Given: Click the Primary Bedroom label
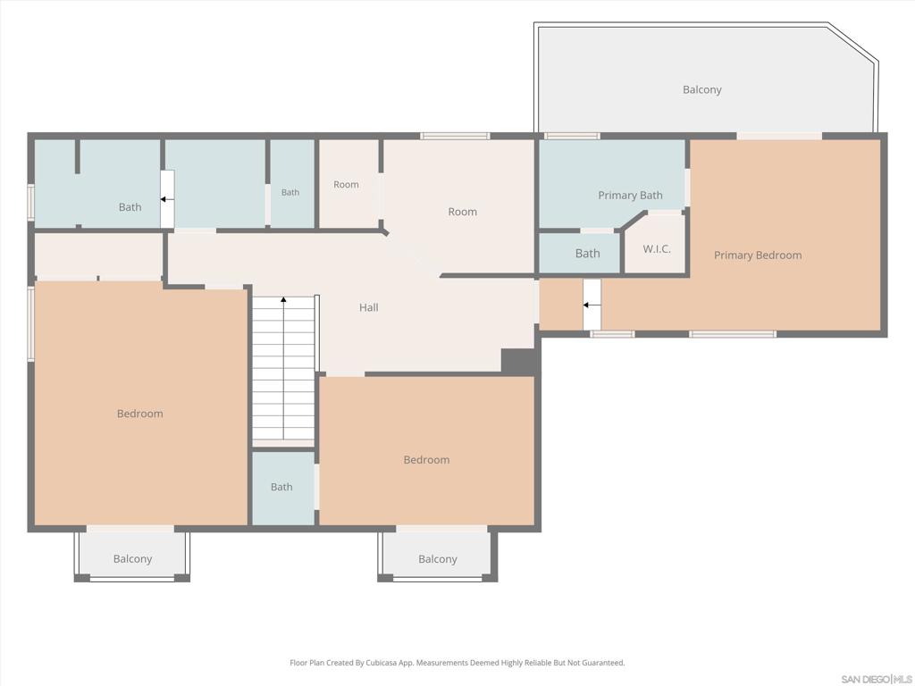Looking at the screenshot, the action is (x=758, y=255).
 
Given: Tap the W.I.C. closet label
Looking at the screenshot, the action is (x=657, y=249).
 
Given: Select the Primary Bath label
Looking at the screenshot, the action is (x=630, y=196).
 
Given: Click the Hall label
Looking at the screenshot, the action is (x=369, y=307).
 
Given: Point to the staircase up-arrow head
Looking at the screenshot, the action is (x=283, y=299).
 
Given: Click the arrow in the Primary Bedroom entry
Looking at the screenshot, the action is (x=592, y=305).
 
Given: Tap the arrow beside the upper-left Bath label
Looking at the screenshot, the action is (x=167, y=199).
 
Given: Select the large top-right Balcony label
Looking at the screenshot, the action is (x=702, y=90).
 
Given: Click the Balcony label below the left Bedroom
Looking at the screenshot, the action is (x=132, y=559).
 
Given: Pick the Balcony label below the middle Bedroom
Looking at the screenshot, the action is (x=438, y=559).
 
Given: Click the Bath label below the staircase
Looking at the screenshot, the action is (x=281, y=487).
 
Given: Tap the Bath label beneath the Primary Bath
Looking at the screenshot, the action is (x=587, y=254).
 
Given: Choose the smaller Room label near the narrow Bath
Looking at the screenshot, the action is (x=346, y=184).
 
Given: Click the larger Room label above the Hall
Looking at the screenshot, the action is (x=462, y=212).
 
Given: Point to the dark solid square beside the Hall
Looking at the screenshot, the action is (x=518, y=361).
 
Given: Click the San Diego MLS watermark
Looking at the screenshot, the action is (x=877, y=680).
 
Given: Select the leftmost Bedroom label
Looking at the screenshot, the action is (x=140, y=414).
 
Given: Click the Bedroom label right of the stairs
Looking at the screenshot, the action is (x=426, y=460).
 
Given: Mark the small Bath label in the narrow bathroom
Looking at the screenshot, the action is (x=290, y=193).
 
